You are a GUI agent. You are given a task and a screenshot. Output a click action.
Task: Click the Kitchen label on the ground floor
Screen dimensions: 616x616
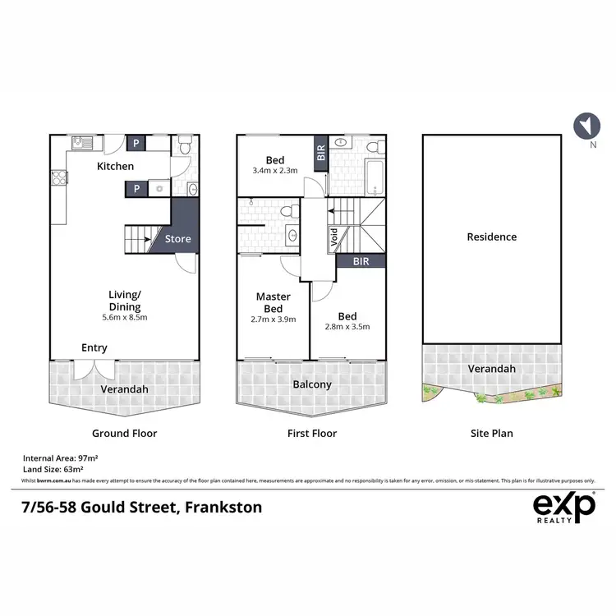[115, 167]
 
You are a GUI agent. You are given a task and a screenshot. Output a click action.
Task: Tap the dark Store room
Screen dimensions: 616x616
[178, 239]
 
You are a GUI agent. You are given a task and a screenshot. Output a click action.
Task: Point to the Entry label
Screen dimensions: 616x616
[94, 348]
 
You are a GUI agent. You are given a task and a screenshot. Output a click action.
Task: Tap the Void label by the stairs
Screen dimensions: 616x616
[333, 241]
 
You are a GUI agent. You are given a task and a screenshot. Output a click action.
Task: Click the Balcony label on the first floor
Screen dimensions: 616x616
[311, 384]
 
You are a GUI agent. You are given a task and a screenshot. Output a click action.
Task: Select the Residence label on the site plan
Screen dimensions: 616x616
[491, 237]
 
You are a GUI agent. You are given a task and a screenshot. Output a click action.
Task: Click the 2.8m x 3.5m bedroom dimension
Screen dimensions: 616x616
[347, 326]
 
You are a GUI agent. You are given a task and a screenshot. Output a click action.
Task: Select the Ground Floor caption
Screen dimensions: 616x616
[124, 433]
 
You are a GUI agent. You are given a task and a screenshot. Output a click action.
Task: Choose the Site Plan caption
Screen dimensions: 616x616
[491, 433]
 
